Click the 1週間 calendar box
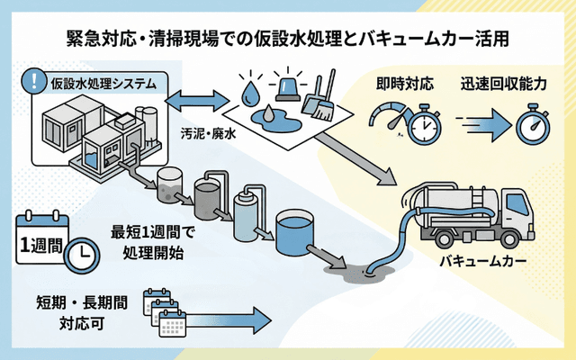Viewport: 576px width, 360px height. point(40,243)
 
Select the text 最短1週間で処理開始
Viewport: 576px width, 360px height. point(147,241)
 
